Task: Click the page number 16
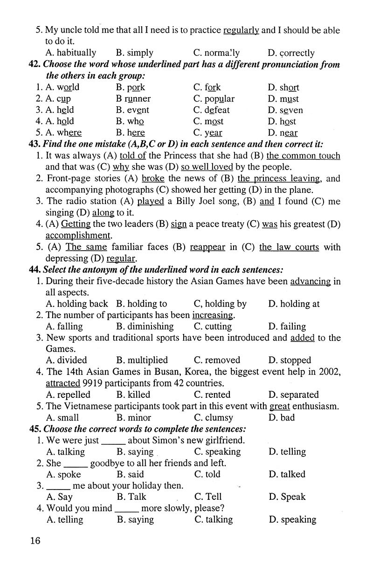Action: [x=35, y=541]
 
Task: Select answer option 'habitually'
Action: [x=76, y=53]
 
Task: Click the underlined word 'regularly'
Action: [x=241, y=30]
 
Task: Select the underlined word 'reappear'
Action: [x=207, y=247]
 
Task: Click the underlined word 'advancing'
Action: [x=310, y=281]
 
